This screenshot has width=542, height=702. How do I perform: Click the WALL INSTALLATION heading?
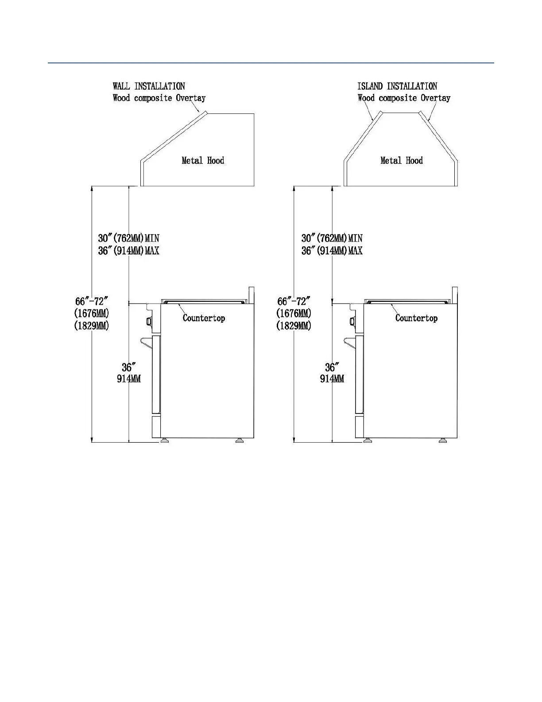149,86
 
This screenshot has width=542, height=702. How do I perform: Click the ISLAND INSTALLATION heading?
397,86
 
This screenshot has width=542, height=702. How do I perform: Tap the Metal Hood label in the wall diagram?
203,160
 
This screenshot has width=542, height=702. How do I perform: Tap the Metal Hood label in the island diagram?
402,160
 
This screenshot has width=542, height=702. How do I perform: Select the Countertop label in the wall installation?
204,318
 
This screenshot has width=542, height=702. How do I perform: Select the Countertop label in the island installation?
416,318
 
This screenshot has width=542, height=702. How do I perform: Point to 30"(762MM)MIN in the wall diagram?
128,238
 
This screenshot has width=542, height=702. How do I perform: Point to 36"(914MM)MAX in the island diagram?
332,250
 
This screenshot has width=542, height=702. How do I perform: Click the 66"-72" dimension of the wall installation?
92,301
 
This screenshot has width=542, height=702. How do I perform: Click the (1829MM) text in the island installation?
294,325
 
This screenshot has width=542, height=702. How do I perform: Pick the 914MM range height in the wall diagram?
129,379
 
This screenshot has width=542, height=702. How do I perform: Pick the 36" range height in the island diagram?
332,367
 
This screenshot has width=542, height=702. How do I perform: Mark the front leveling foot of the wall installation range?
165,441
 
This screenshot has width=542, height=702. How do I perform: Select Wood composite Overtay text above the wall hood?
159,98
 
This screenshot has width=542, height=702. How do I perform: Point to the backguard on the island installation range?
454,295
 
